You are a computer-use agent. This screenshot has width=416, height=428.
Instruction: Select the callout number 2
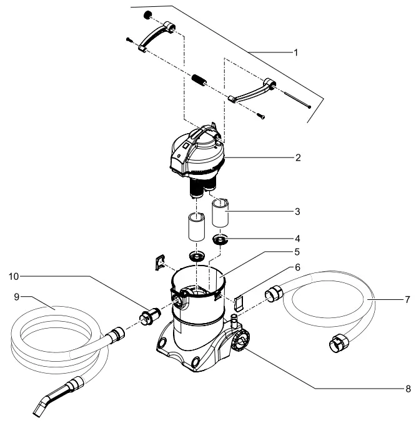(299, 157)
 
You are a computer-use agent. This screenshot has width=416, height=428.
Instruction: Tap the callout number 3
(299, 211)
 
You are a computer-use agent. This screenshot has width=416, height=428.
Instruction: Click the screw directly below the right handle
(260, 114)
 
